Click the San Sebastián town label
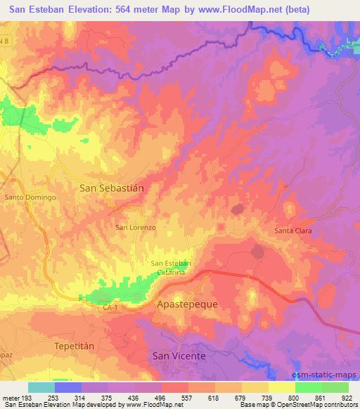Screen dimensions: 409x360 [x=112, y=188]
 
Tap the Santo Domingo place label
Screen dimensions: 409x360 [x=30, y=197]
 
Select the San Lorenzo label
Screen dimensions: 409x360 [x=136, y=228]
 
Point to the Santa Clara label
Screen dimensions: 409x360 [x=292, y=231]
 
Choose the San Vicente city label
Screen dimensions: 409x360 [x=179, y=356]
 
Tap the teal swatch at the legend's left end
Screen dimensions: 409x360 [x=41, y=387]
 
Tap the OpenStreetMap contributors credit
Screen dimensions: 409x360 [x=320, y=405]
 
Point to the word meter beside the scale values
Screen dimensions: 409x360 [x=9, y=398]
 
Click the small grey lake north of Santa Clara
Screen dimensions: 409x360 [x=237, y=209]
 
